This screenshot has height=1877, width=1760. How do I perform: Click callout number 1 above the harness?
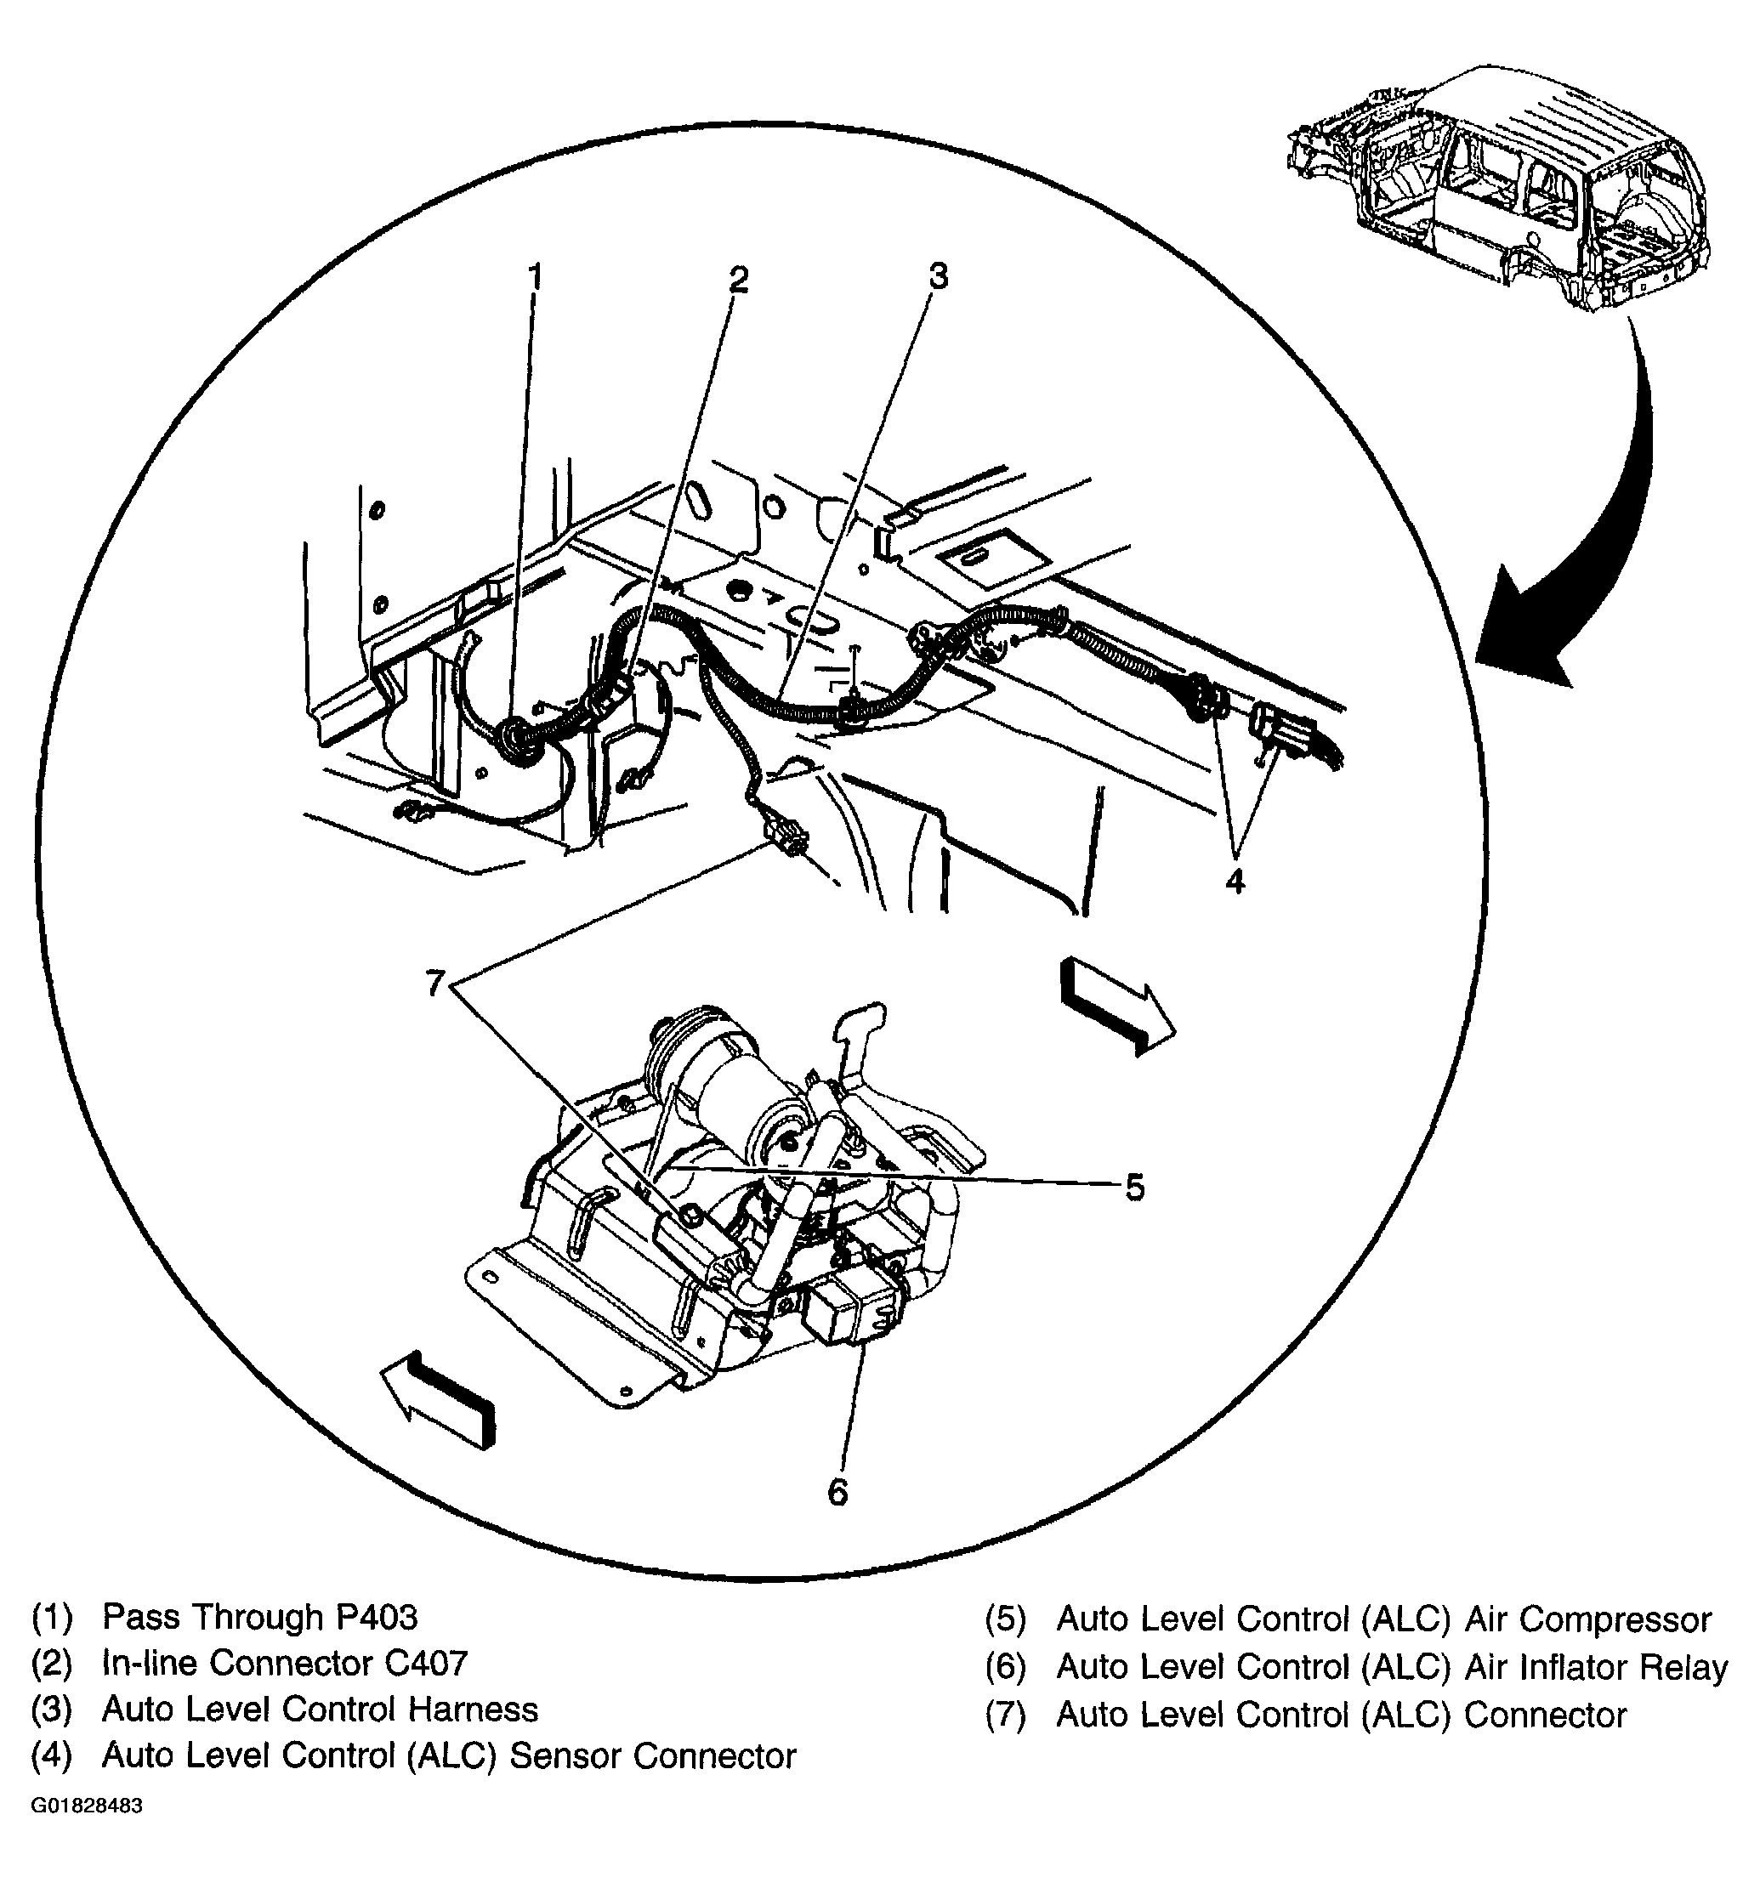[535, 279]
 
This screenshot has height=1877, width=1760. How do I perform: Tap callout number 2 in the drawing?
[738, 281]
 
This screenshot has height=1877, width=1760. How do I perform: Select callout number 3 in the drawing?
[937, 276]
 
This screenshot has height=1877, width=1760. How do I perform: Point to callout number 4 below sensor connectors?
[1235, 882]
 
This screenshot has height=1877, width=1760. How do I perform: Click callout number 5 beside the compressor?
[1134, 1188]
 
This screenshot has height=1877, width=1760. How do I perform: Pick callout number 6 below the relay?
[837, 1492]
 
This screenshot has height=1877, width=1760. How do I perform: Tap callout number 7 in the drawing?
[434, 984]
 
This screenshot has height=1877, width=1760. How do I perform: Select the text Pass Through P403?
[259, 1618]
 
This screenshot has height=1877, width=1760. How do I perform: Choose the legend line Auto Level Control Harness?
[319, 1710]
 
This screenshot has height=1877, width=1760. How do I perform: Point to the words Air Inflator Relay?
[1597, 1667]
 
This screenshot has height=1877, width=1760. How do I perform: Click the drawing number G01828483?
[87, 1806]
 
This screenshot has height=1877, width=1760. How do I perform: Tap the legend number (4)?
[52, 1756]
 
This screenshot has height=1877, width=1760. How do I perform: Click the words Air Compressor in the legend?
[1588, 1619]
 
